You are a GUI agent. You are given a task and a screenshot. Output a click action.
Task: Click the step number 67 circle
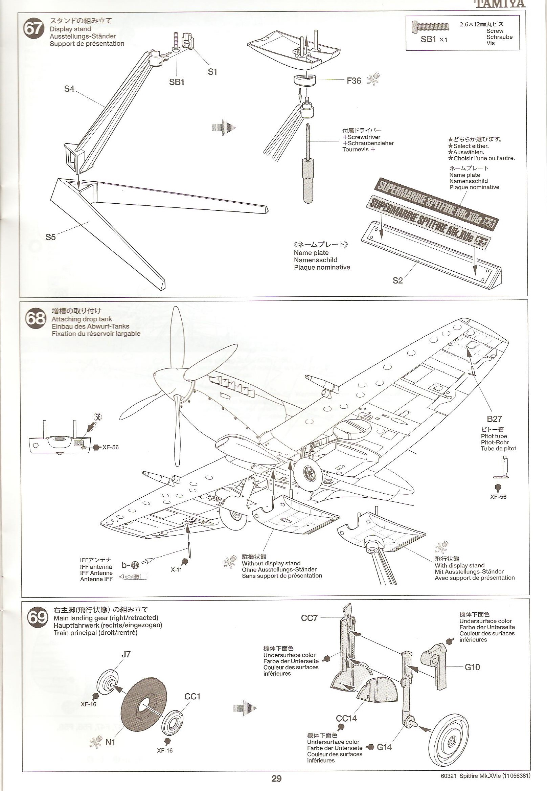point(33,28)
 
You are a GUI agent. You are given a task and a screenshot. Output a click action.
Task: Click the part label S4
point(69,89)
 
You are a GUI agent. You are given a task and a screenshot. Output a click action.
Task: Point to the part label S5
point(50,237)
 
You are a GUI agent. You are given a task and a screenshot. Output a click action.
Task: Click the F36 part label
point(354,81)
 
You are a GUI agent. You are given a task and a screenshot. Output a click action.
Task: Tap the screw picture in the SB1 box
point(431,26)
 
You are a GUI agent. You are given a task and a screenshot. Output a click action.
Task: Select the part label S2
point(397,281)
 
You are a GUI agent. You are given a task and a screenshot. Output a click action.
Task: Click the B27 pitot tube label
point(494,419)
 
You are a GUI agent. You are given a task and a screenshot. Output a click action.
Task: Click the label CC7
point(310,618)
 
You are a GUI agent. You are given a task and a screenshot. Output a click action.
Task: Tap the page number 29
point(276,776)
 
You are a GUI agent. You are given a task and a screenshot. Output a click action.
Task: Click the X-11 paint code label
point(176,570)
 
